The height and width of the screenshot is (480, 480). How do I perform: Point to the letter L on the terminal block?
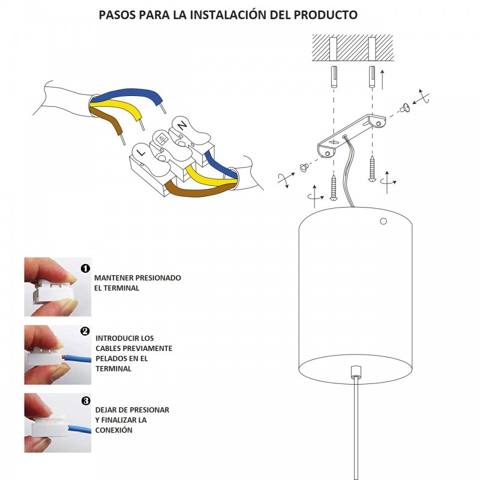coord(142,154)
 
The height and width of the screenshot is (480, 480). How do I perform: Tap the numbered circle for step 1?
coord(85,268)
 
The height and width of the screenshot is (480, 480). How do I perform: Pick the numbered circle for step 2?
coord(85,331)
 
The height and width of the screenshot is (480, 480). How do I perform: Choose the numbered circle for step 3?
coord(85,401)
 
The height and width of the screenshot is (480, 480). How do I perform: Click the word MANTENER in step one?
coord(115,278)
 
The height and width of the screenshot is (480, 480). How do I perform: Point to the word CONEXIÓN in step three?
coord(113,430)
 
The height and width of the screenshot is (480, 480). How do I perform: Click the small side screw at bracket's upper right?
coord(405,107)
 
